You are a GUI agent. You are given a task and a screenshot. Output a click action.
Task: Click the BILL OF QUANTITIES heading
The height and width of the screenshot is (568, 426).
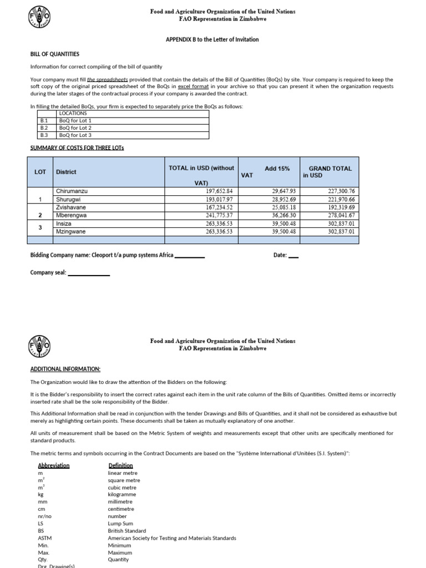tap(54, 54)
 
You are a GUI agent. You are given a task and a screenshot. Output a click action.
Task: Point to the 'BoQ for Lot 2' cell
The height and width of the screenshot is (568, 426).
tap(75, 128)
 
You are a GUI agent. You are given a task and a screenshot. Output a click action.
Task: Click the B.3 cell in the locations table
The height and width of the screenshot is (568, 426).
tap(44, 135)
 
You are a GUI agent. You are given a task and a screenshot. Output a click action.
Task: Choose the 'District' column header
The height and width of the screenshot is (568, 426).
tap(66, 172)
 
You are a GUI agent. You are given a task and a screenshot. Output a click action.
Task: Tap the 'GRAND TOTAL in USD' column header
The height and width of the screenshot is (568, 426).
tap(329, 171)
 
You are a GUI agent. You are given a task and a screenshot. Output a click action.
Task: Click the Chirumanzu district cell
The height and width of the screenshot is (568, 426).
tap(72, 191)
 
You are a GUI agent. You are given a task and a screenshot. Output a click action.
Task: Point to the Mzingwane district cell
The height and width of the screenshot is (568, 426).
tap(71, 231)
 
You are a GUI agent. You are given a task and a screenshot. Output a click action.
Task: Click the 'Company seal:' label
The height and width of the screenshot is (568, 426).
tap(48, 272)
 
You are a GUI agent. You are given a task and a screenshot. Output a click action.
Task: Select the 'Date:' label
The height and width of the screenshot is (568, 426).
tap(280, 255)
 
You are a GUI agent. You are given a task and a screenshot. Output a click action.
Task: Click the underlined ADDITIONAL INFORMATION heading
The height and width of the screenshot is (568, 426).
tap(65, 368)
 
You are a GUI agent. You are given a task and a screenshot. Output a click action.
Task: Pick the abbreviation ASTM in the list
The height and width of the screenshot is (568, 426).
tap(45, 538)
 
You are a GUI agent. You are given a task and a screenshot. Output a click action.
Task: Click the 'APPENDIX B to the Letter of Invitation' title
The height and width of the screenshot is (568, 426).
tap(212, 39)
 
